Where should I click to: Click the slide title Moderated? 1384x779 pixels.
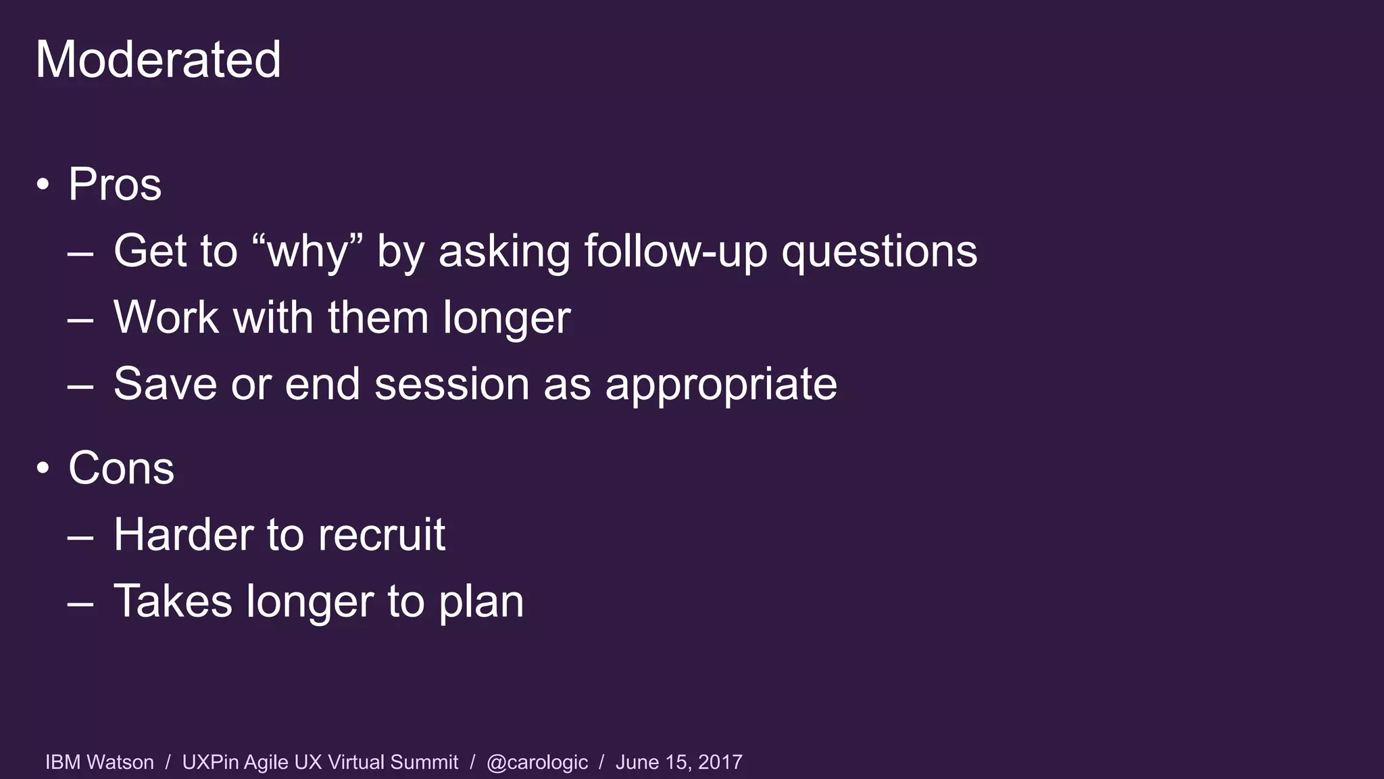158,60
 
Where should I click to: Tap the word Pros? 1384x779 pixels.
115,184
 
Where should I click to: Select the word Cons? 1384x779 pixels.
121,468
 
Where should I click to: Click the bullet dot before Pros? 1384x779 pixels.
43,184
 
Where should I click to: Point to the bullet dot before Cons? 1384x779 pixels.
43,468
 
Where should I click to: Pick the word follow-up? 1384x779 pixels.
675,252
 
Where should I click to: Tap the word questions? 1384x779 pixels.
879,252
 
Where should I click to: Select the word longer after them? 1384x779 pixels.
506,317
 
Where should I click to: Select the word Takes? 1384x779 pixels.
173,600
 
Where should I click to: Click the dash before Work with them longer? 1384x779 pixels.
80,318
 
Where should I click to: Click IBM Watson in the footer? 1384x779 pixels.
99,762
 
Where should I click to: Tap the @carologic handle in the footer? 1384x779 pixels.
537,762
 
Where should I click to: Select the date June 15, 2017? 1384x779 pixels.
678,762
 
